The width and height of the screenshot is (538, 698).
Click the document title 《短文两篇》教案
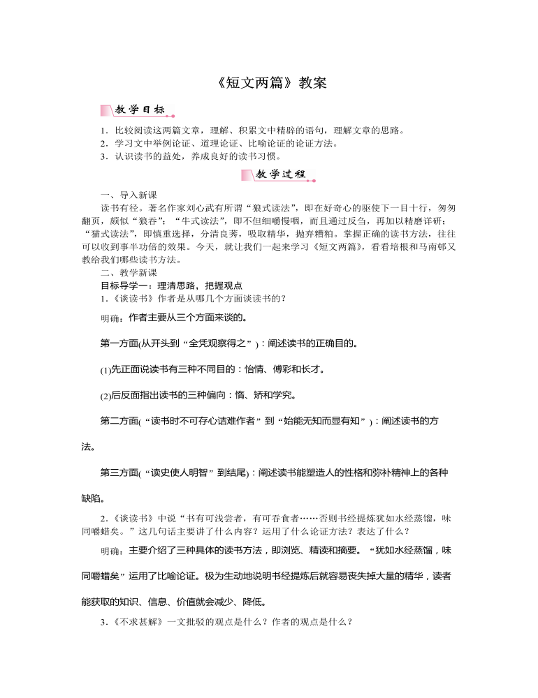(x=268, y=82)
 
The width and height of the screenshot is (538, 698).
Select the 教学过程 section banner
(x=277, y=174)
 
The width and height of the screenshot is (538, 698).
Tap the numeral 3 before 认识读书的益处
(x=103, y=156)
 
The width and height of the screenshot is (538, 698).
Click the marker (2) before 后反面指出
(x=105, y=396)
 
